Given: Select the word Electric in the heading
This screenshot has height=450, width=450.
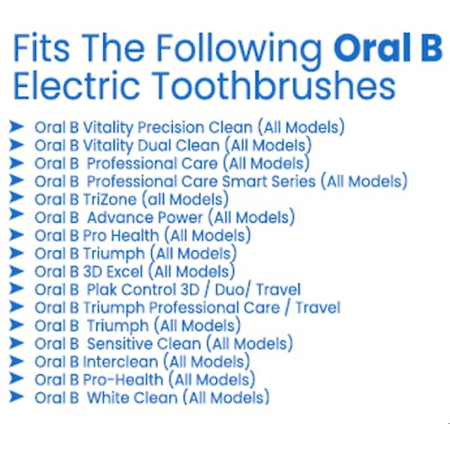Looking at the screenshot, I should tap(76, 85).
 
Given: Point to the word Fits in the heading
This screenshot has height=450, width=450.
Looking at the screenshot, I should tap(42, 49).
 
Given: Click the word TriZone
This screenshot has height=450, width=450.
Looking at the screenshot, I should tap(109, 199).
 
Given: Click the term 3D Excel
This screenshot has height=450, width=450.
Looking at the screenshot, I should tap(113, 271).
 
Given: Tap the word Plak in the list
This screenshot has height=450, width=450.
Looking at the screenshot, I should tap(102, 289).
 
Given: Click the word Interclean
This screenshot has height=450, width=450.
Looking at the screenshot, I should tap(120, 362).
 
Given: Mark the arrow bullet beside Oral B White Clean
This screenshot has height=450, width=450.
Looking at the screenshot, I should tap(16, 396).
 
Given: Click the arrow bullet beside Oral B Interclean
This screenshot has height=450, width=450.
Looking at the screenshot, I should tap(16, 361).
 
